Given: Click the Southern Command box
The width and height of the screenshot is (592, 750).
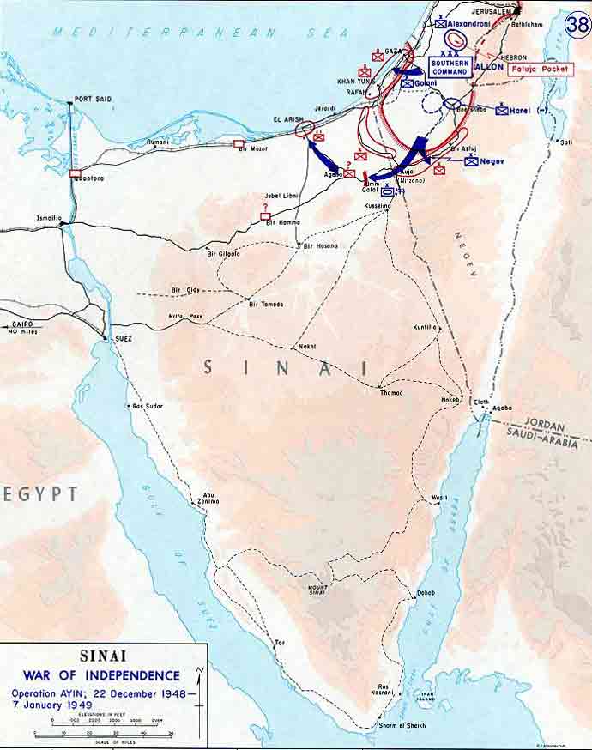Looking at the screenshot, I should point(450,68).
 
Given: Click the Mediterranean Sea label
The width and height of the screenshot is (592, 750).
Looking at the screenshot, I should point(201,33).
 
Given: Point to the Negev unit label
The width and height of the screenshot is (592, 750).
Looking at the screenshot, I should point(492,161).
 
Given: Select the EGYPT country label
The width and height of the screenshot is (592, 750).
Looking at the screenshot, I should point(40,494).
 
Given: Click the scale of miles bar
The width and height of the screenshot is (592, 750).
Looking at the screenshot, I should point(103,735).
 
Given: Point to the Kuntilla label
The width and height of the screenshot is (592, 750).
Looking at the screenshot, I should point(424,327).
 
